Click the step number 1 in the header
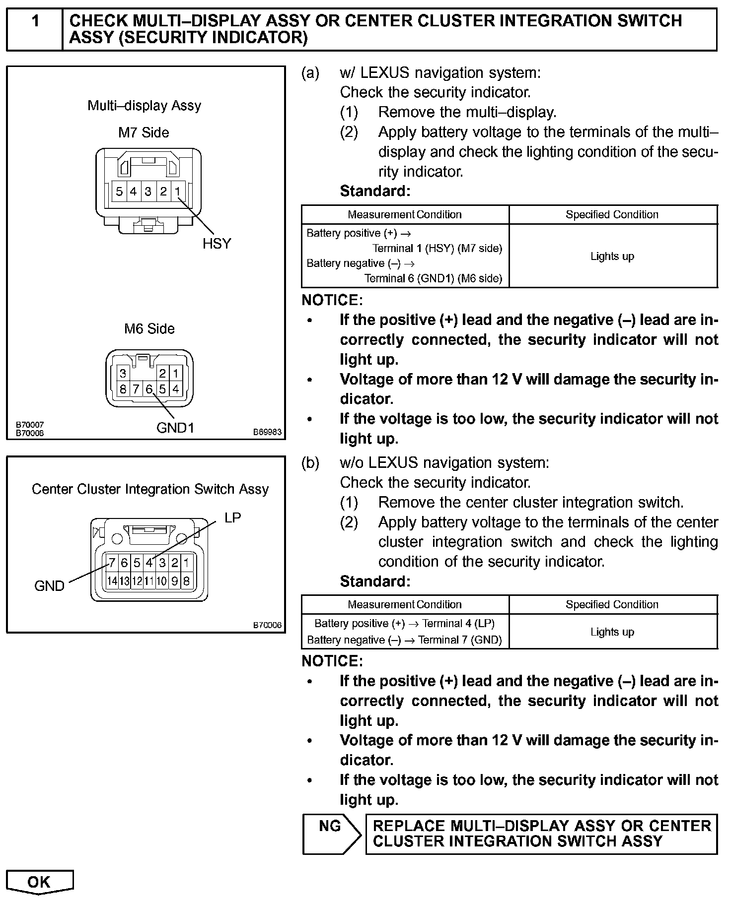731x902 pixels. [35, 22]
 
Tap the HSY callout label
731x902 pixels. [217, 244]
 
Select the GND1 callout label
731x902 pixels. [175, 428]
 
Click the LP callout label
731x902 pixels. [232, 518]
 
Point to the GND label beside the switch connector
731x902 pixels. [49, 586]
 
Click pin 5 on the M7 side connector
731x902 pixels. [119, 192]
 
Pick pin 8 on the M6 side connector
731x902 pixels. [123, 389]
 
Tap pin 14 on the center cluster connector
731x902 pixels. [112, 580]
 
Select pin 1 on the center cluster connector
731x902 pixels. [187, 563]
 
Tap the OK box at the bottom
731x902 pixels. [39, 882]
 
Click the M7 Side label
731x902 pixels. [144, 132]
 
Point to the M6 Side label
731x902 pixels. [149, 328]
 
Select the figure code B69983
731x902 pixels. [267, 432]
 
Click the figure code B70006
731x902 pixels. [267, 625]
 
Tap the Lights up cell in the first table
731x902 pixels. [612, 257]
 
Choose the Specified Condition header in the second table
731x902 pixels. [612, 604]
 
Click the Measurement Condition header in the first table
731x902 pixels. [404, 214]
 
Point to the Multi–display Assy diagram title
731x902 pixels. [144, 106]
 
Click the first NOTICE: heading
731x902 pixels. [332, 300]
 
